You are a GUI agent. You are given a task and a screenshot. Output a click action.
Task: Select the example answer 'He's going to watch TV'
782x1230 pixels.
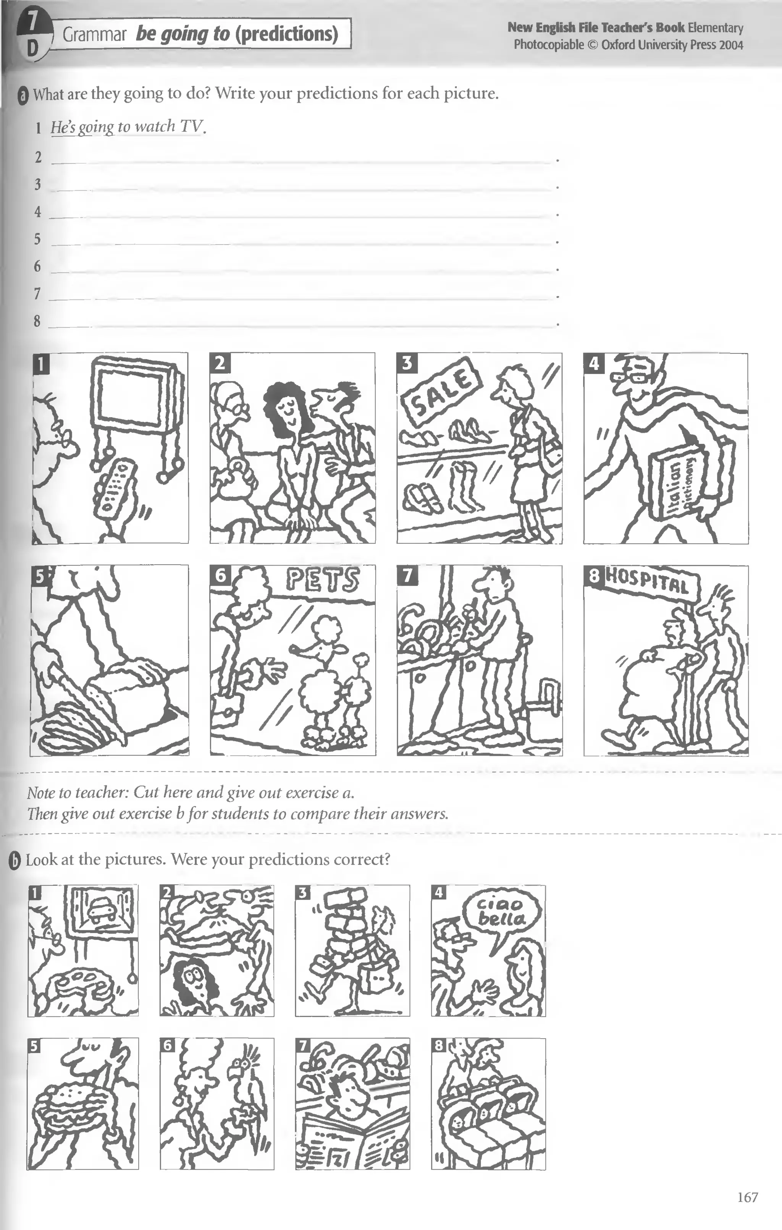coord(127,127)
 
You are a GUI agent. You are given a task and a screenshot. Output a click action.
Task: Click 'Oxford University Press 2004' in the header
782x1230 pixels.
coord(672,45)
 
